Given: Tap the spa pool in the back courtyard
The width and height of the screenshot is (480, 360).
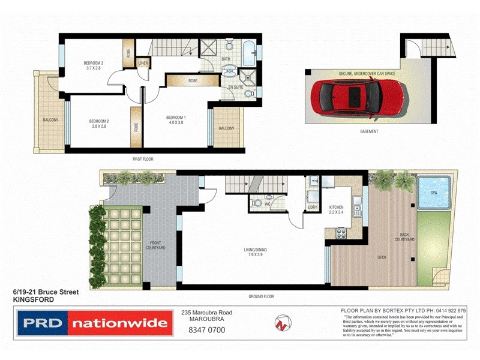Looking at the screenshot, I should coord(434,192).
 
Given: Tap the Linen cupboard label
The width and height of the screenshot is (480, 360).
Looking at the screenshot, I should coord(143,62).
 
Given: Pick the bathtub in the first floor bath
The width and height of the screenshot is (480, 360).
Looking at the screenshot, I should coord(248,51).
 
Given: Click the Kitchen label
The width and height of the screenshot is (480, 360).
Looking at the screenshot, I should coord(336,207).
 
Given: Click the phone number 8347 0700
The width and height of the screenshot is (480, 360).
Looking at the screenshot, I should coord(206,329).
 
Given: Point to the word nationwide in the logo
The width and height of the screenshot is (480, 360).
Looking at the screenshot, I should coord(119,324).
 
